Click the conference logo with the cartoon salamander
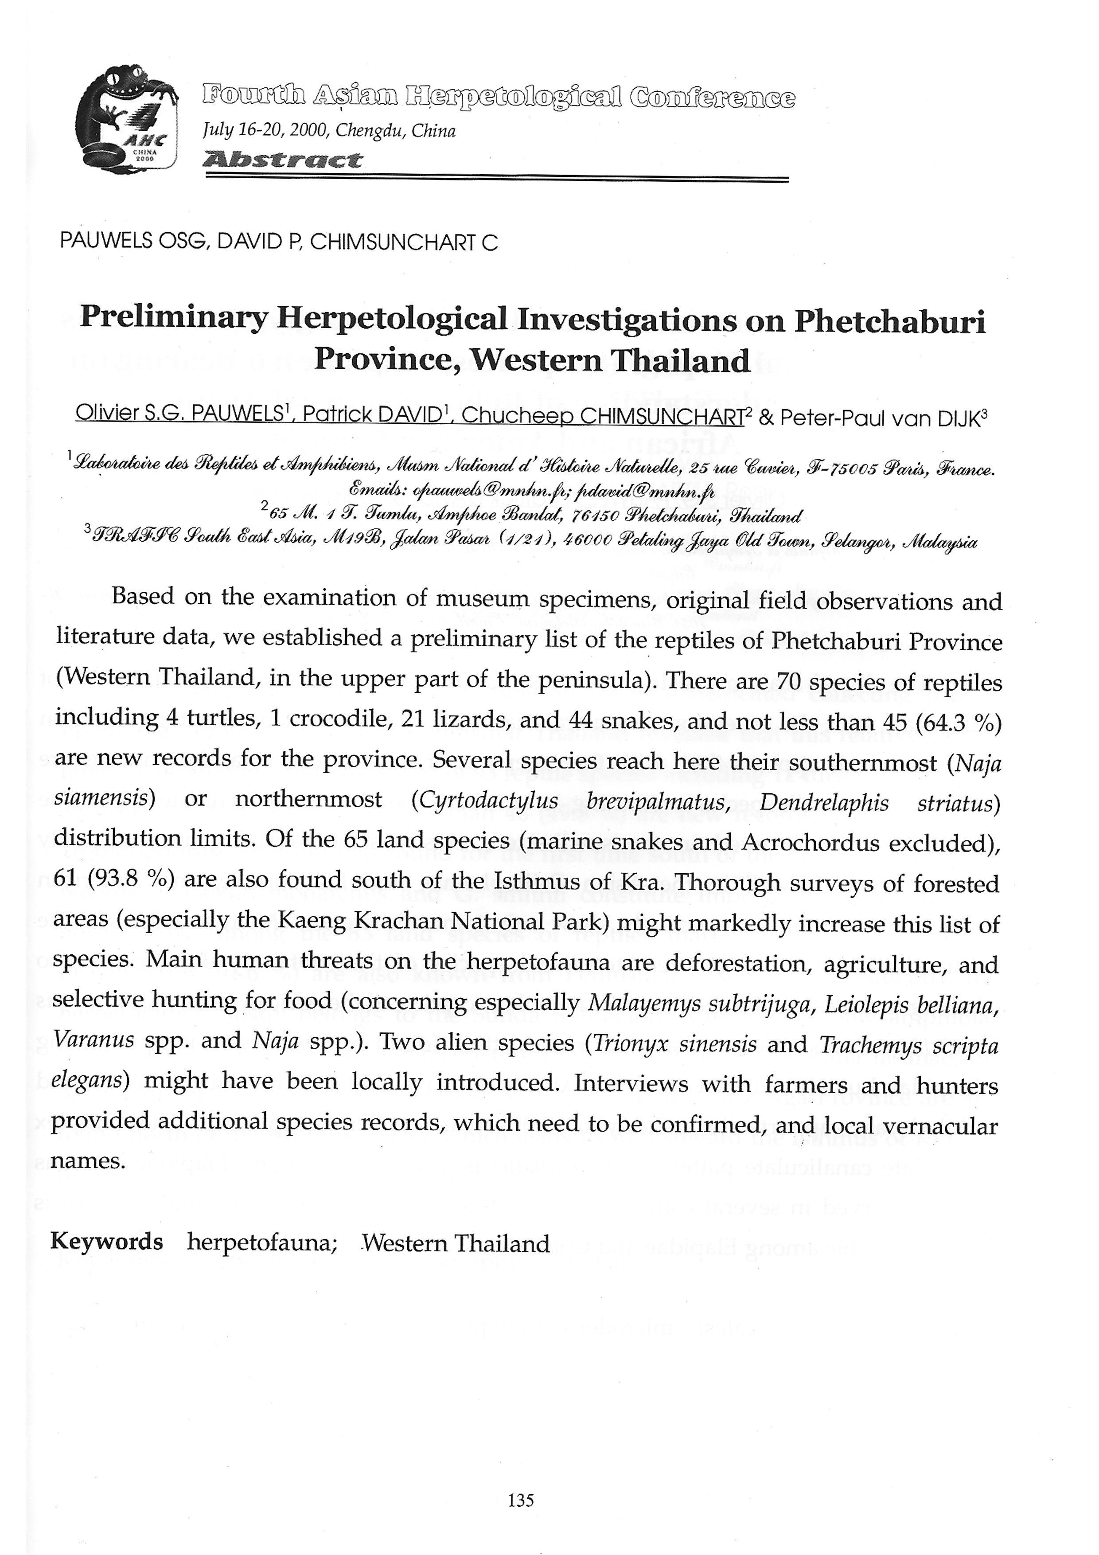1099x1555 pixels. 127,119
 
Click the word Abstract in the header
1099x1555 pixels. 283,160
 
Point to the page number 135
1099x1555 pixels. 521,1500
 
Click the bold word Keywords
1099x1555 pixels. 106,1242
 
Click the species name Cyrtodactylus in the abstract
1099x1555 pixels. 488,802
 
